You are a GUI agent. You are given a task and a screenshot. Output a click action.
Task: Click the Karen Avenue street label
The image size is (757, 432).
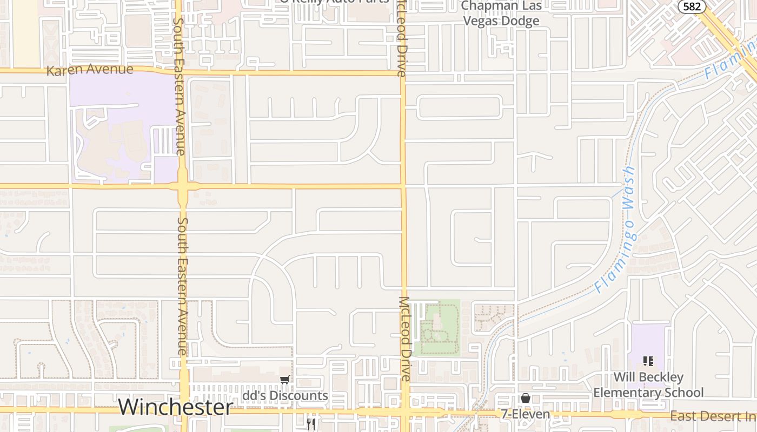click(x=90, y=70)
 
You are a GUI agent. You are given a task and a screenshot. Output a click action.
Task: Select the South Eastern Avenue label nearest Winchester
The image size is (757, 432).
click(x=182, y=286)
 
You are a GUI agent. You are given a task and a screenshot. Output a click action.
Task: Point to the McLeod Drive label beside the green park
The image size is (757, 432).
click(x=404, y=339)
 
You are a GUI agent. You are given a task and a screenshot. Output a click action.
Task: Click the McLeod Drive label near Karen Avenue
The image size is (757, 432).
click(x=402, y=38)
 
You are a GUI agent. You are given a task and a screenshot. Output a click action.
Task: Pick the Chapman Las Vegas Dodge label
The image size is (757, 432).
click(x=502, y=13)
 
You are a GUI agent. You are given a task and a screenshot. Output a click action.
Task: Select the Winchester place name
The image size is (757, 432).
click(x=175, y=407)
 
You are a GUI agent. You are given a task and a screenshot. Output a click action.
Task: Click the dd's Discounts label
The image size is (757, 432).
click(x=285, y=396)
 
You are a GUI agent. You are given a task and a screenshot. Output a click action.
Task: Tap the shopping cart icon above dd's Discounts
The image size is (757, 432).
click(x=284, y=380)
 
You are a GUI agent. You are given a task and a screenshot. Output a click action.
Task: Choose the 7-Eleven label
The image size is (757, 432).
click(x=525, y=414)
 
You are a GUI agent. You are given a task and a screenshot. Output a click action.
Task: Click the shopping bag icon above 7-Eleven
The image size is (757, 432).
click(x=525, y=399)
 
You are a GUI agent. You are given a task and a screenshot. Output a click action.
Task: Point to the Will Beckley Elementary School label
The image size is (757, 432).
click(x=648, y=384)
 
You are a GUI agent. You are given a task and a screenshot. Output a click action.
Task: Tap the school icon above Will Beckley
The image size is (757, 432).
click(x=648, y=361)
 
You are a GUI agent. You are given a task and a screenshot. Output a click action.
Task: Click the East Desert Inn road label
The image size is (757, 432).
click(x=713, y=416)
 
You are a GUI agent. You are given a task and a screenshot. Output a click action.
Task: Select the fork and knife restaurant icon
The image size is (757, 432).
click(x=311, y=424)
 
